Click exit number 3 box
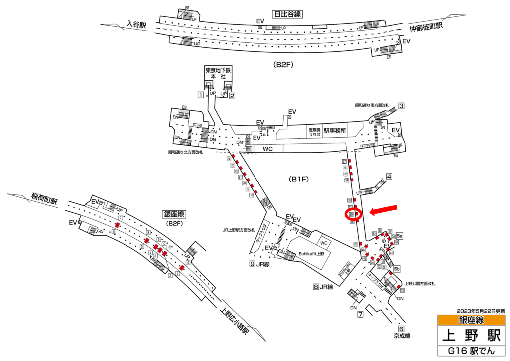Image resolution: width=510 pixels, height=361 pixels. (x=401, y=105)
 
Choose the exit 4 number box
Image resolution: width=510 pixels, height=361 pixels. (x=389, y=176)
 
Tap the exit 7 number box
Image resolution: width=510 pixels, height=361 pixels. (x=360, y=314)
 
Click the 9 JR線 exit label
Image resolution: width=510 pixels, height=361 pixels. (x=259, y=264)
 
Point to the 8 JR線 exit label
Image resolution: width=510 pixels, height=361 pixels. (x=322, y=287)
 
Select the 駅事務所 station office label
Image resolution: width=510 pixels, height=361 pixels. (x=335, y=131)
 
